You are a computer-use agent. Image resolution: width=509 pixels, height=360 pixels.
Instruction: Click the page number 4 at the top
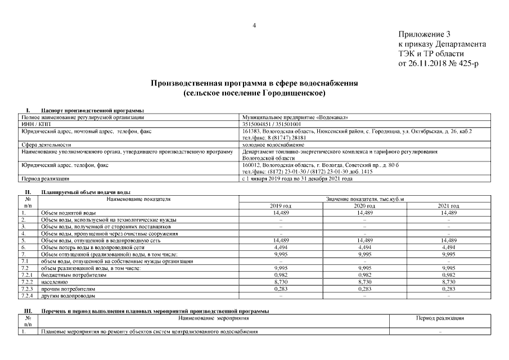point(254,25)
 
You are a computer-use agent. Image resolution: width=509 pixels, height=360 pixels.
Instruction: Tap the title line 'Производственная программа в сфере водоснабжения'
point(254,83)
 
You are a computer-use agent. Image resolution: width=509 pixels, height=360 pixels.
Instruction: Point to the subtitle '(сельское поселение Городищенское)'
point(254,92)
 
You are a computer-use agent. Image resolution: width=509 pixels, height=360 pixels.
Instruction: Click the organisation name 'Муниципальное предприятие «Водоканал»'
point(295,117)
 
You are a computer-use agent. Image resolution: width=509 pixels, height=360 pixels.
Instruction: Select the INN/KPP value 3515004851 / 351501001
point(272,124)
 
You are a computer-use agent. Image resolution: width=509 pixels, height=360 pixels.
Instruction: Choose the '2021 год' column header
point(448,206)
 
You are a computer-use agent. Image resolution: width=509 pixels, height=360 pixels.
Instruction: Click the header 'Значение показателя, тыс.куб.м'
point(365,199)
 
